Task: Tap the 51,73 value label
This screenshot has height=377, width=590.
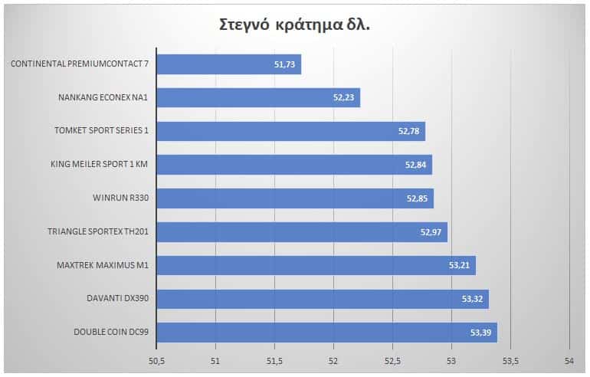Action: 287,65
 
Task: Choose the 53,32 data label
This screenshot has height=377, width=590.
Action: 474,300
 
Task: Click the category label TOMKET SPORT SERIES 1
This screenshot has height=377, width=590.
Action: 103,131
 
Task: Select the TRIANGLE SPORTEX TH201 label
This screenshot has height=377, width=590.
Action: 97,232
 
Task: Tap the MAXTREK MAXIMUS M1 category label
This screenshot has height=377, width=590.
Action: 102,266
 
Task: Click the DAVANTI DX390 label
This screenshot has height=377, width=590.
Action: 116,300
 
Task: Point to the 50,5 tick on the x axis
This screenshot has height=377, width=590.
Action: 156,360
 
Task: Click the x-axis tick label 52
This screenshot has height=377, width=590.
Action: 333,360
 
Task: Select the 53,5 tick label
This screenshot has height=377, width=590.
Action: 510,360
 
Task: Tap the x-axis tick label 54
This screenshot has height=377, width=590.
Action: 569,360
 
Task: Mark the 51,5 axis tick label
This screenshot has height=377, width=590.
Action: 274,360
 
